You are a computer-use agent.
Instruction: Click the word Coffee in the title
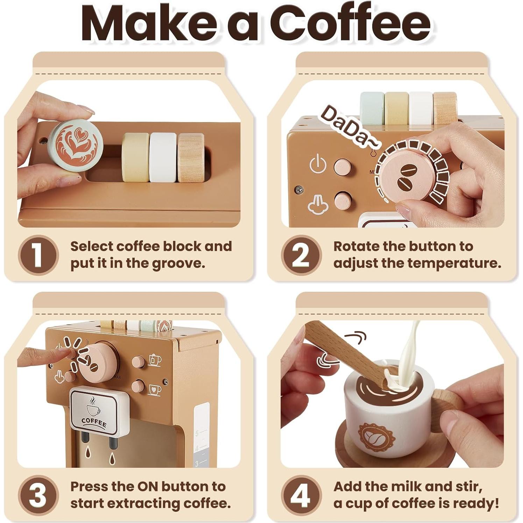click(350, 24)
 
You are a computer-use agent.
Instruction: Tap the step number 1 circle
click(38, 255)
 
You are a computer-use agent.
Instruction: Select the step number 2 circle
click(301, 255)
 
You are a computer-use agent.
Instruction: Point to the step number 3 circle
click(38, 495)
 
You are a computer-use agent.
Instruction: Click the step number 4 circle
click(301, 495)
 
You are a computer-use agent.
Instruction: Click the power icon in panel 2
click(318, 163)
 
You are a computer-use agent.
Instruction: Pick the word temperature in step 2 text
click(441, 263)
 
